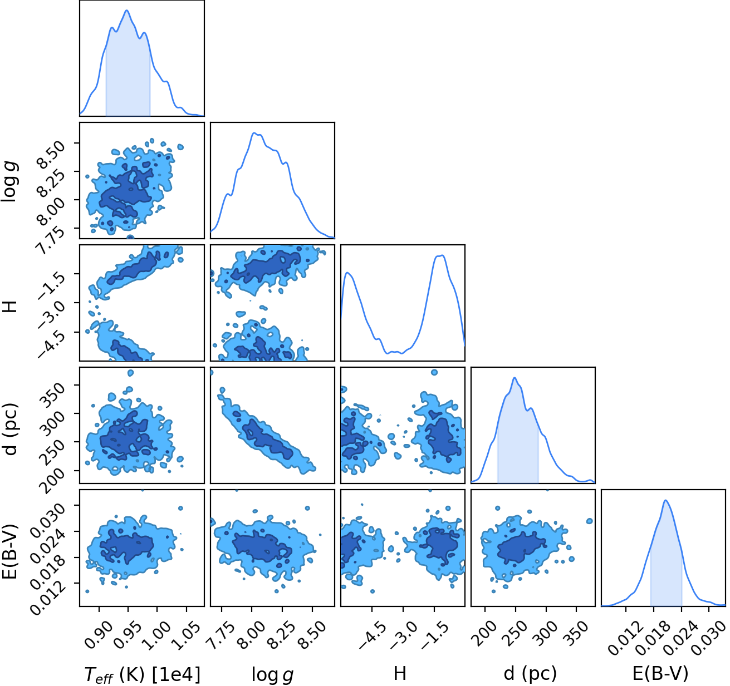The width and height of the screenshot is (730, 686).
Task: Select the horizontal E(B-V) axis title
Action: point(660,673)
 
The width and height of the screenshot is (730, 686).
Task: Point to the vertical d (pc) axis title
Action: point(10,430)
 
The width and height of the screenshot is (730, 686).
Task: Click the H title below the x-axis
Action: point(400,674)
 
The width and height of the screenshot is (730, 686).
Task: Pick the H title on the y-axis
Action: point(9,306)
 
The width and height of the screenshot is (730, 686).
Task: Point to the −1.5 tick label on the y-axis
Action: point(51,284)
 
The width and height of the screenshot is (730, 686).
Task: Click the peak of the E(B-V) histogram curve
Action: point(665,500)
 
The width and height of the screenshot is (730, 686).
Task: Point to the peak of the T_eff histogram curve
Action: point(127,10)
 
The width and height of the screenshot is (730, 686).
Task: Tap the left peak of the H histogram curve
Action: point(347,273)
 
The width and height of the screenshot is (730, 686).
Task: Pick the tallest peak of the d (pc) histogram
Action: point(515,378)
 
